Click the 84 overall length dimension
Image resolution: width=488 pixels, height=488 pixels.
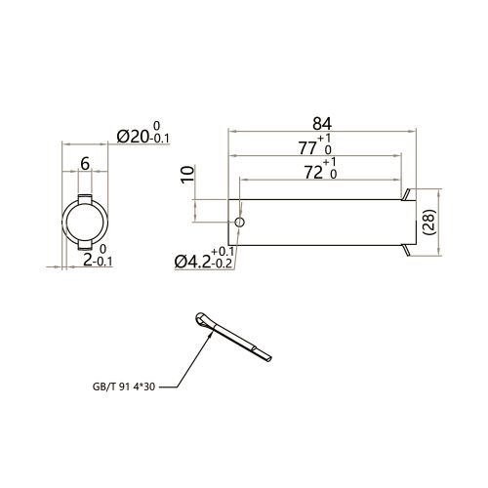(x=322, y=124)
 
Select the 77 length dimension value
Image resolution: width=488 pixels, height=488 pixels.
(x=307, y=148)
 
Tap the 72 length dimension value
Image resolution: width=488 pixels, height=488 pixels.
(x=313, y=173)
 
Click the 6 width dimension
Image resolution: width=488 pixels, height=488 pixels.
(x=85, y=164)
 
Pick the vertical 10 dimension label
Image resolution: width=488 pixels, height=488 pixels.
(x=187, y=175)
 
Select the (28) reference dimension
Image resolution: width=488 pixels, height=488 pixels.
(x=428, y=222)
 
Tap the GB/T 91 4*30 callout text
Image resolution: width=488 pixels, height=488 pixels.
(x=124, y=386)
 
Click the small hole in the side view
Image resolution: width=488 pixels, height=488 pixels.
(x=239, y=223)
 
